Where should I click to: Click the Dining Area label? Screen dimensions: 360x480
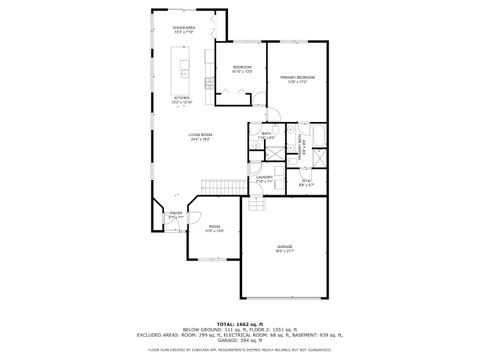pos(183,28)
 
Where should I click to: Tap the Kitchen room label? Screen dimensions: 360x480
pos(181,97)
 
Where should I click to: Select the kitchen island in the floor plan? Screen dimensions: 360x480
pos(184,70)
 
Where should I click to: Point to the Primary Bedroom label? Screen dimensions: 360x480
pos(297,77)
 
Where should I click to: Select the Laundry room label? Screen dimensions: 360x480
pos(264,177)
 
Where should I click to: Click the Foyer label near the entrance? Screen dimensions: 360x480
pos(175,212)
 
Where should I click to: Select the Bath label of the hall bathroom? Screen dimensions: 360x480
pos(267,133)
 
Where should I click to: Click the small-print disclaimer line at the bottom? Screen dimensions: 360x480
pos(240,350)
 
